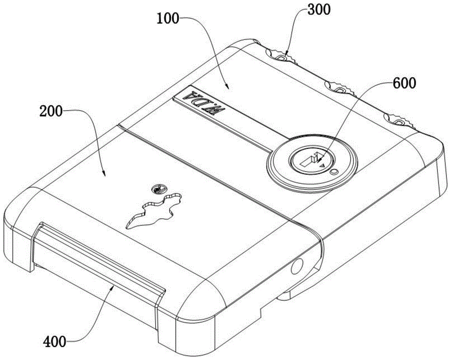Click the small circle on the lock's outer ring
(333, 171)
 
